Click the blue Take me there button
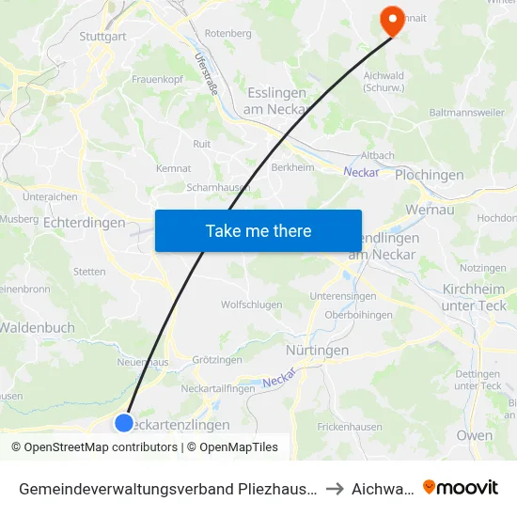[x=258, y=230]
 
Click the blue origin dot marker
[x=124, y=422]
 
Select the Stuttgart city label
[x=102, y=37]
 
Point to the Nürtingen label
[x=316, y=350]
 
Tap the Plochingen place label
[x=430, y=175]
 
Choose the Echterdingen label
[x=84, y=223]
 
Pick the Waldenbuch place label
[x=38, y=327]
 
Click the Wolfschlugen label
[x=251, y=305]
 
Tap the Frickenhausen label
[x=350, y=426]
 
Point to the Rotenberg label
[x=228, y=33]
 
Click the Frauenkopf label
[x=156, y=79]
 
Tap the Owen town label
[x=474, y=435]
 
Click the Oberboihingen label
[x=358, y=315]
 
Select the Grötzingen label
[x=217, y=359]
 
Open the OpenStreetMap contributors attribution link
[x=94, y=447]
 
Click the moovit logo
[x=461, y=487]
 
